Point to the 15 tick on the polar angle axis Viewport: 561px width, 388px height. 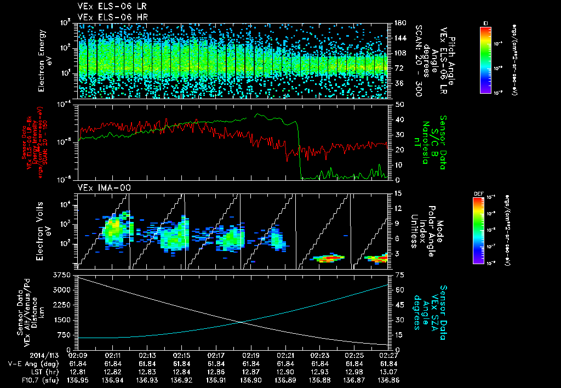pos(394,193)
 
